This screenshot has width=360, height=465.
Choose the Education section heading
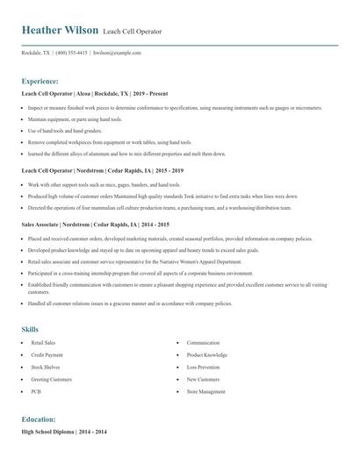click(x=39, y=419)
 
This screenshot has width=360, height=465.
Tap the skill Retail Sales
click(x=43, y=342)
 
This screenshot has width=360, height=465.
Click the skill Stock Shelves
click(x=45, y=367)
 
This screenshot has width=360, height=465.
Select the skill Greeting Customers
click(x=51, y=379)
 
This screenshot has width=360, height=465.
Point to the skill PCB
click(x=37, y=391)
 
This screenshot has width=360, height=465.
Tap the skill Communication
click(x=203, y=342)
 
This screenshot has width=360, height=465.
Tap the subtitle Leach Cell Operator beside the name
click(x=133, y=31)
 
